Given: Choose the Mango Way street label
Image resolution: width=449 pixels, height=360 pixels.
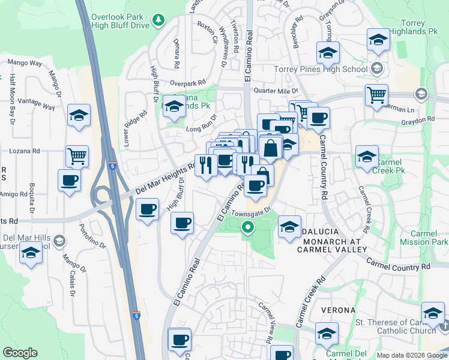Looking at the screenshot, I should click(x=24, y=62).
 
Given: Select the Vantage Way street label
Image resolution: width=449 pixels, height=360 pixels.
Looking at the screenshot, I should click(x=36, y=104).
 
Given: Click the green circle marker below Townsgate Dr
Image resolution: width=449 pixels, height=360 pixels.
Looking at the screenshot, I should click(x=247, y=227).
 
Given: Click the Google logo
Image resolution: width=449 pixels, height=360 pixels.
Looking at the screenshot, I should click(x=20, y=353).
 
